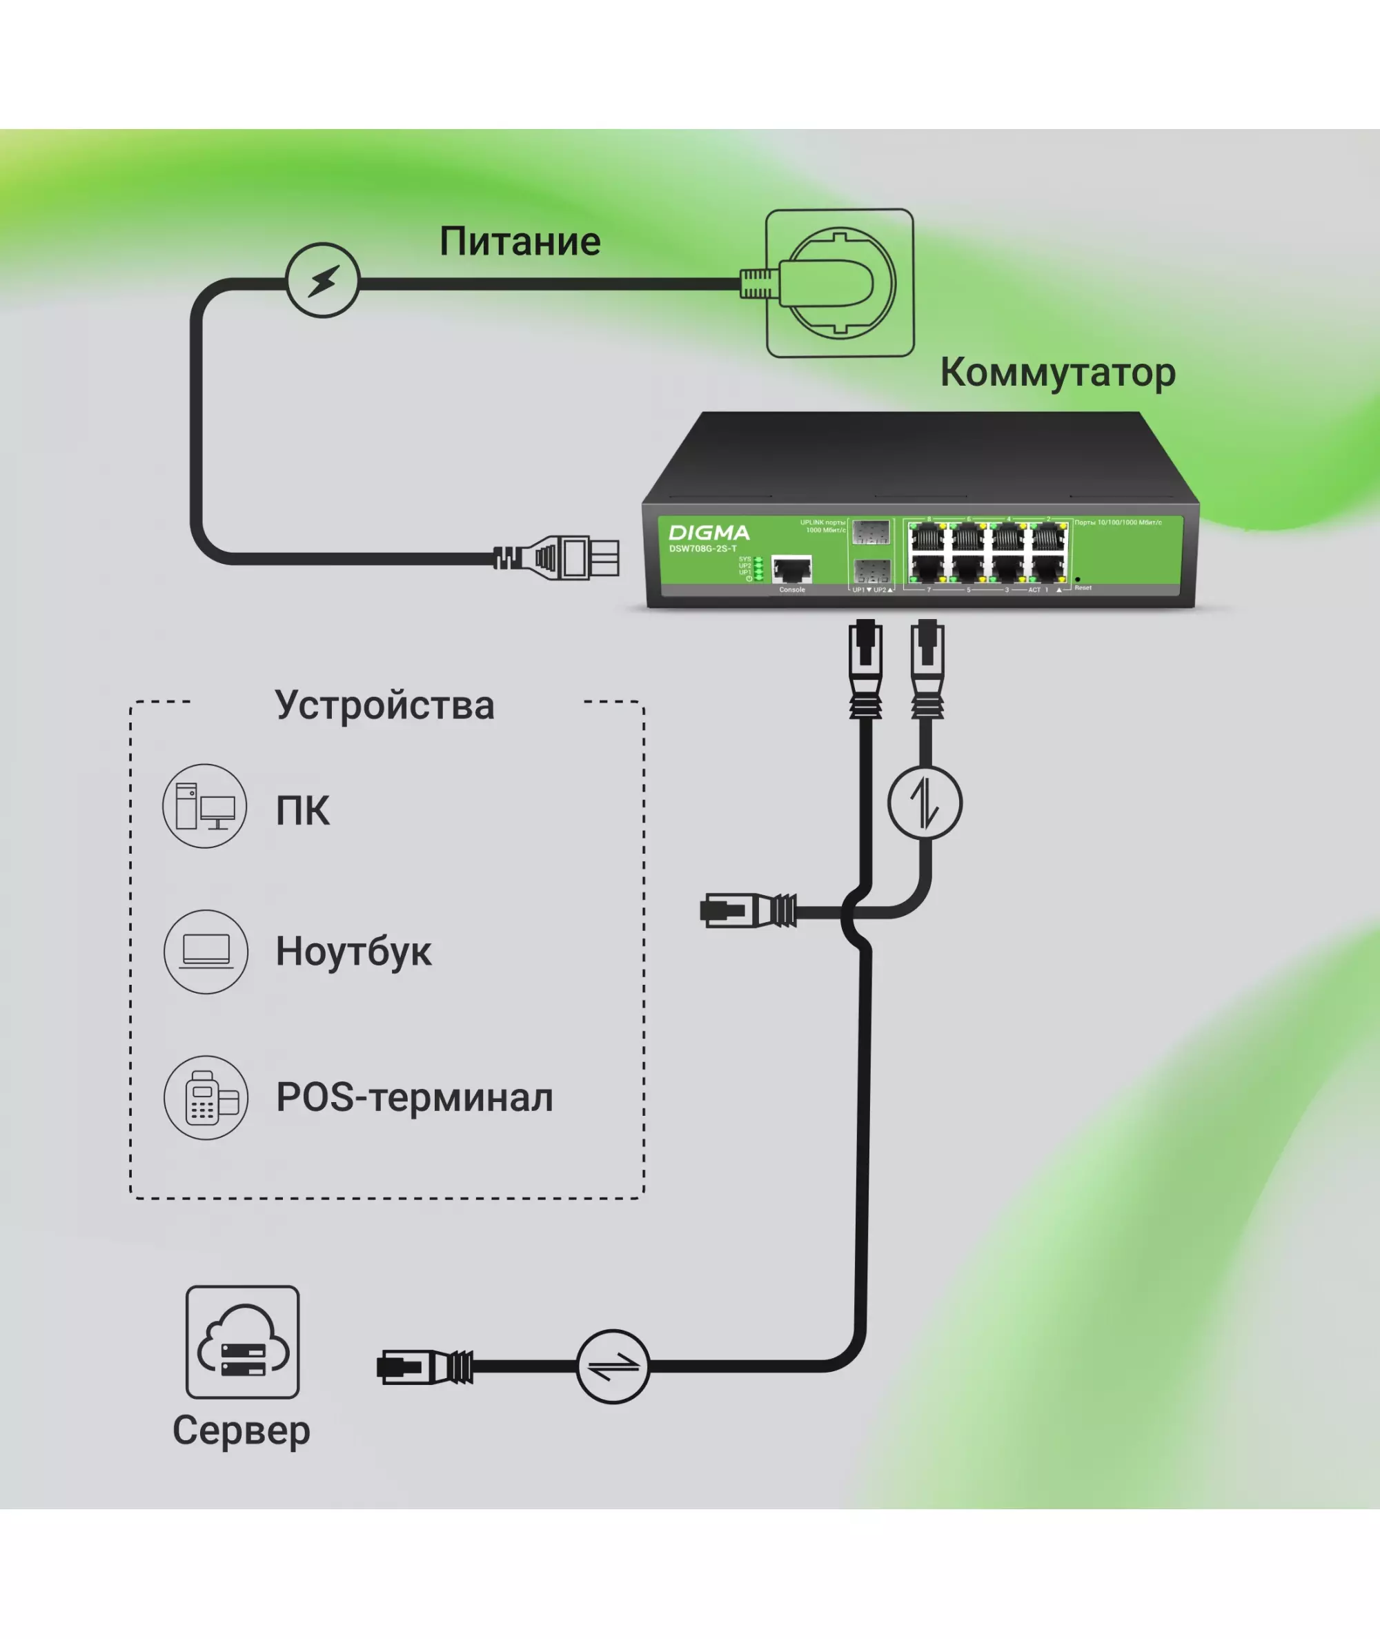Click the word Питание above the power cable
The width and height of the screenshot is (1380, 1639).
tap(520, 241)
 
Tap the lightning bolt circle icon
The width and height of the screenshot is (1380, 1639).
tap(322, 280)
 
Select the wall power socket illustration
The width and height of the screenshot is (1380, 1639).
tap(840, 283)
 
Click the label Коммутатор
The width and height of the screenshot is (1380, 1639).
tap(1058, 373)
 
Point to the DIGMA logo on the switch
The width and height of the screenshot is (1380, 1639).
tap(709, 533)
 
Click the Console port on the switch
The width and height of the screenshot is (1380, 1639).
tap(791, 569)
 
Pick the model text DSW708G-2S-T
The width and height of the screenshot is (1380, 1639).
tap(702, 549)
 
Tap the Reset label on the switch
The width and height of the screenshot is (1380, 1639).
tap(1083, 587)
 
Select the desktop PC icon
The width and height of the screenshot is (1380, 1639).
tap(205, 806)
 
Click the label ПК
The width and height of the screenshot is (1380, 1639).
tap(303, 810)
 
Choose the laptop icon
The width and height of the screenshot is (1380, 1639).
tap(206, 952)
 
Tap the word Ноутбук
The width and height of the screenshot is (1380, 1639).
tap(353, 952)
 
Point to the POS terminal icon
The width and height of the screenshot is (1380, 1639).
tap(206, 1098)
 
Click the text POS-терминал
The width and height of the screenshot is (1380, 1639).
tap(415, 1098)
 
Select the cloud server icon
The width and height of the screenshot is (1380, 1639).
tap(242, 1342)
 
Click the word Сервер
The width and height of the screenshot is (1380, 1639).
tap(241, 1431)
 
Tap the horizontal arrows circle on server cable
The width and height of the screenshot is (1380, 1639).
tap(613, 1366)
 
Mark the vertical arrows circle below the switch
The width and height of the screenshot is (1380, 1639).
tap(925, 803)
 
